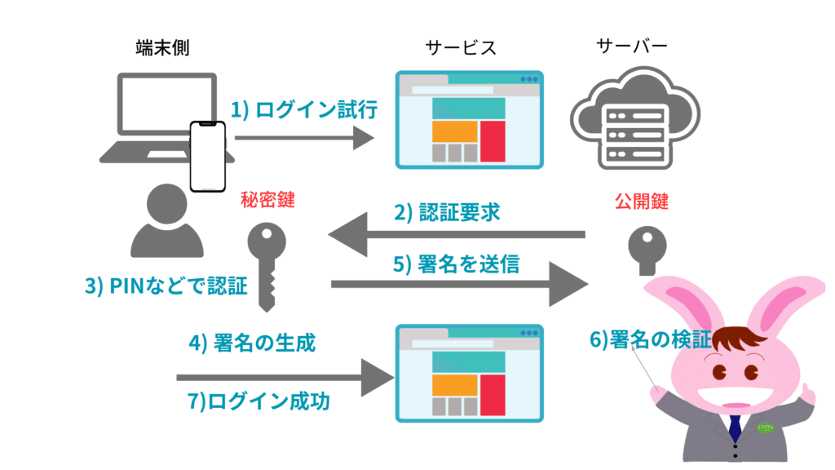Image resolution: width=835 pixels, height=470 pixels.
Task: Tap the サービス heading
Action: (x=461, y=49)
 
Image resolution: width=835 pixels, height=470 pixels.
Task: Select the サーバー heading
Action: (x=631, y=46)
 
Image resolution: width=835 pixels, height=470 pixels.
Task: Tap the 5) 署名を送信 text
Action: (x=457, y=265)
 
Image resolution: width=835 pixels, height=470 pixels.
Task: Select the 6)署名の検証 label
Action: (x=650, y=338)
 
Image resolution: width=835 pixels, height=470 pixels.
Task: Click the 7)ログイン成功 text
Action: (x=258, y=402)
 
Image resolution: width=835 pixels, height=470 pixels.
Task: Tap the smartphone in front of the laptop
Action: (x=207, y=156)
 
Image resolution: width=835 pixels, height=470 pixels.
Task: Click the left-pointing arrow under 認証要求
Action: (x=457, y=236)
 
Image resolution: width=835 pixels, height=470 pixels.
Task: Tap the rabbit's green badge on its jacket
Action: (x=767, y=426)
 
